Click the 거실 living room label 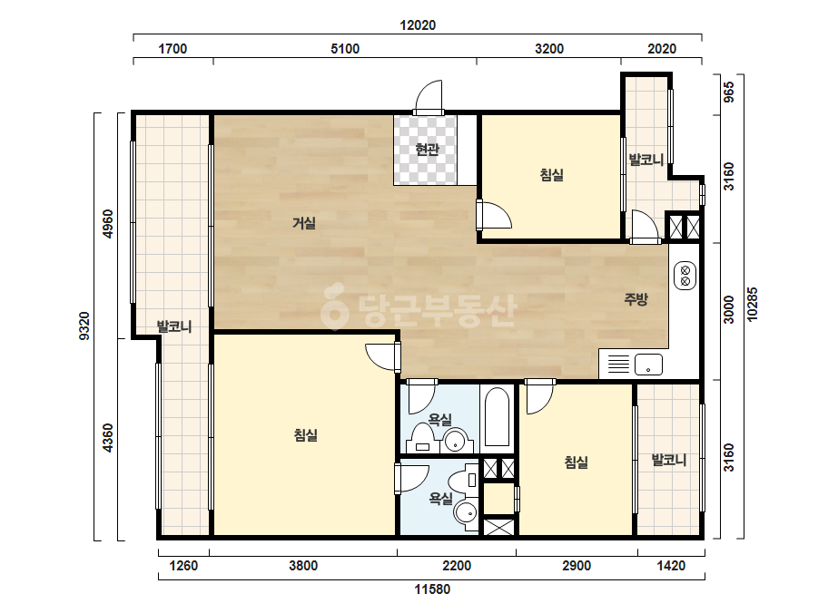(303, 223)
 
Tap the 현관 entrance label (427, 149)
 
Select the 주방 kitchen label (636, 298)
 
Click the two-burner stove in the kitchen (685, 276)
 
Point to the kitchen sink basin (648, 365)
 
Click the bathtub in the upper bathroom (497, 417)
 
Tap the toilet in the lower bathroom (464, 480)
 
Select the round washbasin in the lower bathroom (466, 513)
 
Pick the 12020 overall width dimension (418, 25)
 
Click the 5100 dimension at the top (345, 49)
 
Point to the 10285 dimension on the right (753, 305)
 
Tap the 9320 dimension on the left (84, 326)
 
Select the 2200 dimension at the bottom (457, 566)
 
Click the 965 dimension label (728, 92)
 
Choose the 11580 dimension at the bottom (432, 589)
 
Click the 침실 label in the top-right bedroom (551, 175)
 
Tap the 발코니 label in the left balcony (174, 326)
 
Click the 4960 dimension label (108, 224)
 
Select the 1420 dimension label (671, 566)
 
